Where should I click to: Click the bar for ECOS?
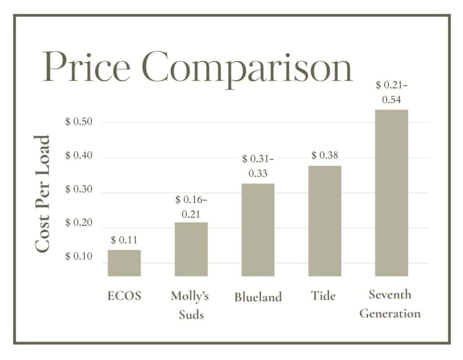(124, 263)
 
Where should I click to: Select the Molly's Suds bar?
(191, 249)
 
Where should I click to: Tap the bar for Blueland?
(258, 230)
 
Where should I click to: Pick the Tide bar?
(325, 221)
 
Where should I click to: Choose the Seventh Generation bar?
(392, 193)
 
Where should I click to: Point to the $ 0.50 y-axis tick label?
(79, 122)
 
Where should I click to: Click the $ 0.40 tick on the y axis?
(79, 156)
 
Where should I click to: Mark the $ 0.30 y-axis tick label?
(79, 189)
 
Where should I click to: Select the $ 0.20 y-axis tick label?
(79, 223)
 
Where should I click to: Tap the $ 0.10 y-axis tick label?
(79, 256)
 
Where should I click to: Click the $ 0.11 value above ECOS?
(124, 240)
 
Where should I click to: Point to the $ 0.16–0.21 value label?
(191, 207)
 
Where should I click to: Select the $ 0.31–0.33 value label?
(258, 166)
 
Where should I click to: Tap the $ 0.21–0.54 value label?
(392, 92)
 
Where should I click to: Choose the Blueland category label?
(258, 297)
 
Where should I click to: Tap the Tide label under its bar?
(323, 296)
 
